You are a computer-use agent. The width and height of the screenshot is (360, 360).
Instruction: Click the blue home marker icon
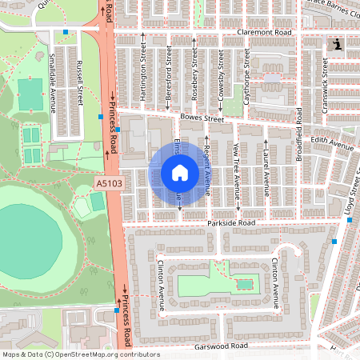[179, 173]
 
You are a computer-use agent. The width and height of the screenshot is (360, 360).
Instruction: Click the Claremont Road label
[265, 33]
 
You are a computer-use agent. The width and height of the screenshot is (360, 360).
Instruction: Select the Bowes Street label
[201, 118]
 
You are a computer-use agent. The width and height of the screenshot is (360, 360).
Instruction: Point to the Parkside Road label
[231, 222]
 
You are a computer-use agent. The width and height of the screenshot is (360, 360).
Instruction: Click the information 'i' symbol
[338, 44]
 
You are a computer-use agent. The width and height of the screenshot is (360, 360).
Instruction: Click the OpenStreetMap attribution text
[70, 354]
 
